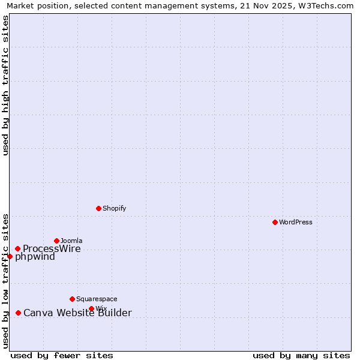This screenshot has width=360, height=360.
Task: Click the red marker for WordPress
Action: [x=275, y=222]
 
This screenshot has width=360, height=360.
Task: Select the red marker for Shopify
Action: [x=98, y=208]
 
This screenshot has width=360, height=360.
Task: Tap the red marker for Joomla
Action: [x=56, y=241]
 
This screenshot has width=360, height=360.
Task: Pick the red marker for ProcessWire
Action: [x=17, y=248]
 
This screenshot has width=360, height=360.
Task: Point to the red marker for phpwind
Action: [x=10, y=256]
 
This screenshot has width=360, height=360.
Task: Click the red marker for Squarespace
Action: [x=72, y=299]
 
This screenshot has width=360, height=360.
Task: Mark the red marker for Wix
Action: [x=91, y=308]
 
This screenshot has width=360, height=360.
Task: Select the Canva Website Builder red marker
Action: [x=18, y=313]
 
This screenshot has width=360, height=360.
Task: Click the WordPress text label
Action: [x=296, y=222]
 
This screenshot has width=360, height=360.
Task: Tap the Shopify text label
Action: [x=114, y=208]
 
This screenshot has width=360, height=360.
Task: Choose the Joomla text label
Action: [x=71, y=241]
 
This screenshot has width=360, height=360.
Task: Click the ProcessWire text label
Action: [x=52, y=249]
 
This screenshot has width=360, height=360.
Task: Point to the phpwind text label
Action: [x=35, y=257]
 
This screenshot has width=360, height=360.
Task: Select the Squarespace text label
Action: [x=97, y=299]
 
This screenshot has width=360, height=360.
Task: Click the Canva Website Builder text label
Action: [x=77, y=313]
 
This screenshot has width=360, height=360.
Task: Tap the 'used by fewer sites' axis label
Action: [x=62, y=355]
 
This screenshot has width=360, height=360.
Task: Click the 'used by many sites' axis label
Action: [x=301, y=355]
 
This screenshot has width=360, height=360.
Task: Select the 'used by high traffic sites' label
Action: [x=5, y=85]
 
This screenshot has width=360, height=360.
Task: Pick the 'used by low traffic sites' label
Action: [x=5, y=280]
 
